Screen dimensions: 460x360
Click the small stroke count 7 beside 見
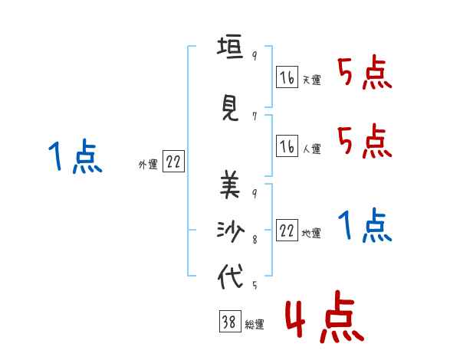click(254, 116)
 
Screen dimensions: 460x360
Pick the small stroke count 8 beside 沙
click(254, 239)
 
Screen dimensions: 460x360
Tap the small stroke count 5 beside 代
click(254, 286)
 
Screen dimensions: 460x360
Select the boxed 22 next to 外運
click(173, 163)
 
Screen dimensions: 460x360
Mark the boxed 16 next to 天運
click(287, 78)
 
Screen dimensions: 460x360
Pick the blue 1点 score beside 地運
click(365, 226)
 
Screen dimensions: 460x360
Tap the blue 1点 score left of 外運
click(74, 157)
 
